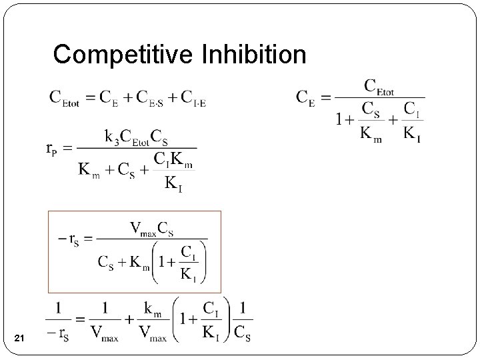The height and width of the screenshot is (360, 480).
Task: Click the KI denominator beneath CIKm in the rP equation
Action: [173, 182]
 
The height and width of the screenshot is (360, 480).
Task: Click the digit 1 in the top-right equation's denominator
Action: [341, 120]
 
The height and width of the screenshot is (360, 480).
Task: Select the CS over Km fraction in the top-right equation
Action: [371, 121]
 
